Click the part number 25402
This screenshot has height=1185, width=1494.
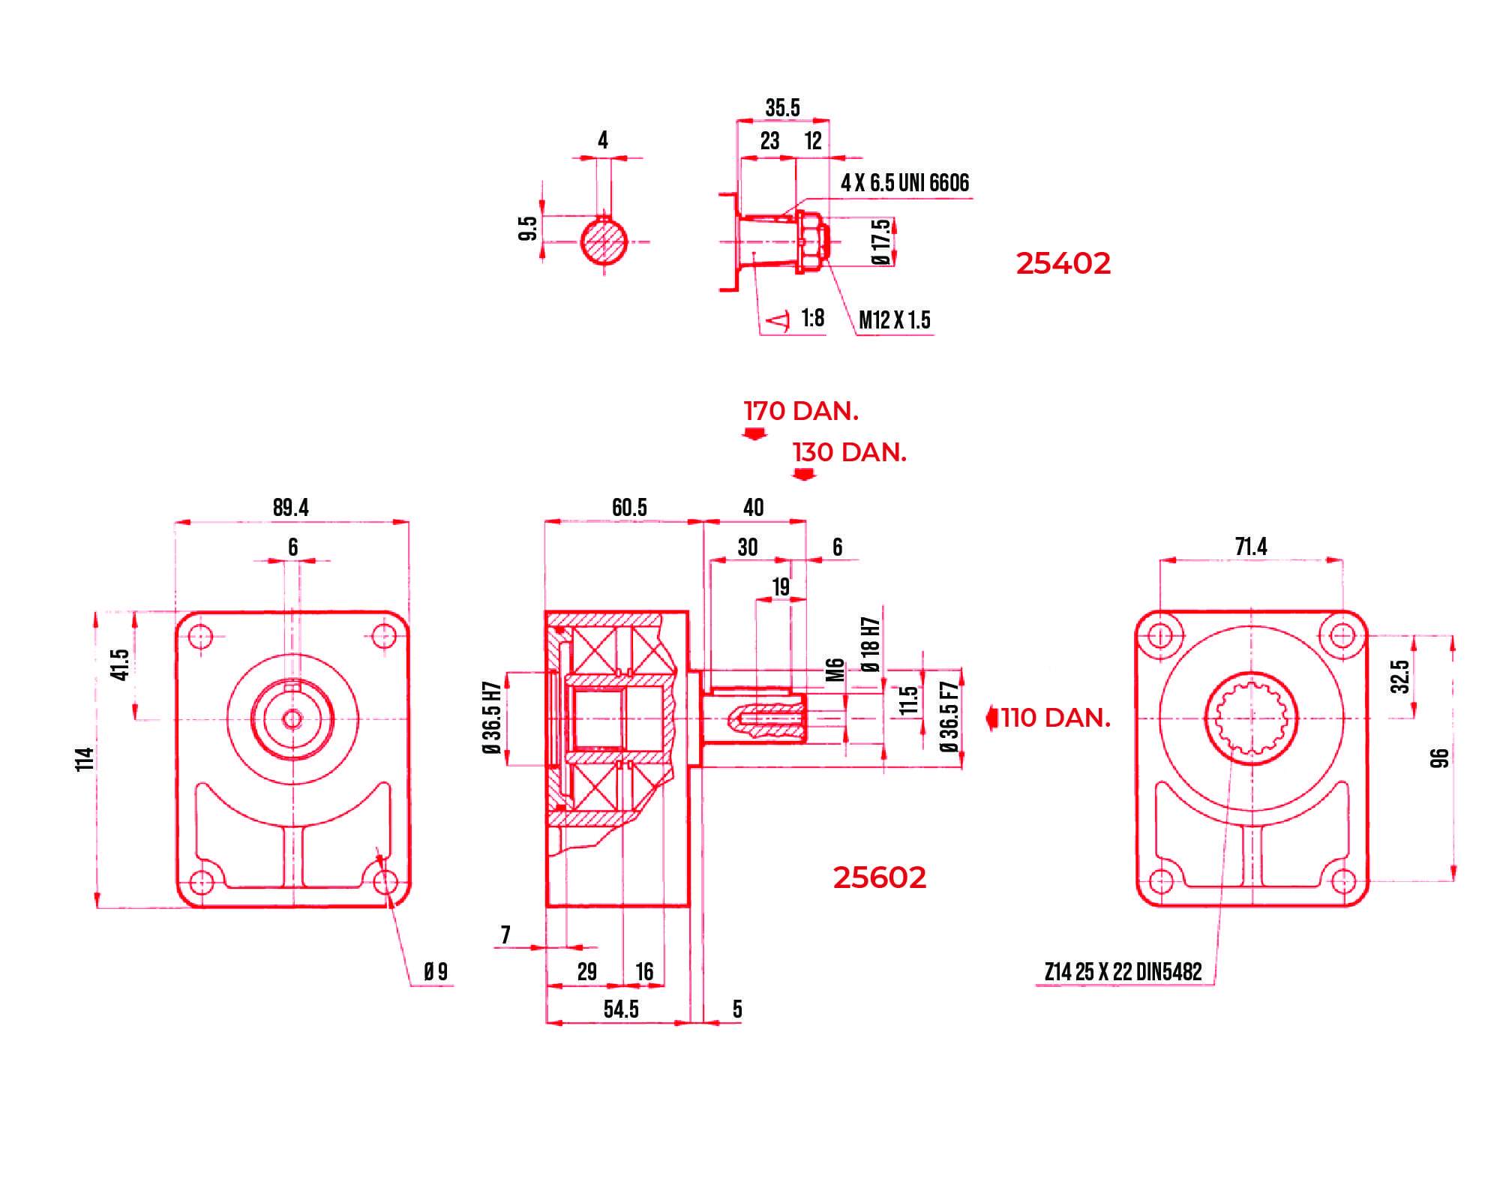pyautogui.click(x=1062, y=263)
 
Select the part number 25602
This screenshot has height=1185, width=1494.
pyautogui.click(x=879, y=877)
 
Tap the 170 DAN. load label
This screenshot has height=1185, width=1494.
pyautogui.click(x=800, y=411)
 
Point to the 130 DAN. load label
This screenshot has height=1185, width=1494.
pyautogui.click(x=849, y=452)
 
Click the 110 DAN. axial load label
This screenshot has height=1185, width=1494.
pyautogui.click(x=1054, y=718)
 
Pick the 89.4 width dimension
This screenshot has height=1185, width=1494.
pyautogui.click(x=290, y=508)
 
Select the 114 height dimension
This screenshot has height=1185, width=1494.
pyautogui.click(x=85, y=759)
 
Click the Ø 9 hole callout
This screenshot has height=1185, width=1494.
pyautogui.click(x=435, y=972)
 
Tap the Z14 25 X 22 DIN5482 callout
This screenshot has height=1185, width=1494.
pyautogui.click(x=1123, y=972)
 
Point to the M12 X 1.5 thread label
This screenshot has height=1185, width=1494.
pyautogui.click(x=894, y=320)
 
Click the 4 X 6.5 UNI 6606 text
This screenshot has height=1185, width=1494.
pyautogui.click(x=904, y=183)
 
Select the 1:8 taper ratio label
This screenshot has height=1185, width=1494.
pyautogui.click(x=812, y=318)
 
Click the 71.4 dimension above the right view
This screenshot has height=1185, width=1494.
pyautogui.click(x=1250, y=547)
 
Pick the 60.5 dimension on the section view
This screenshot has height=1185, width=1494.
pyautogui.click(x=628, y=508)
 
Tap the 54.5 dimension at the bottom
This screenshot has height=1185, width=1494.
pyautogui.click(x=621, y=1009)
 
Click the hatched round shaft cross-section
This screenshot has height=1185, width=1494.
pyautogui.click(x=604, y=241)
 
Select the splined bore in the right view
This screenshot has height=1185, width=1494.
pyautogui.click(x=1251, y=718)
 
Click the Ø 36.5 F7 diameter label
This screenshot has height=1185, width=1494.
pyautogui.click(x=949, y=717)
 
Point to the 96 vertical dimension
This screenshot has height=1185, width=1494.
pyautogui.click(x=1439, y=758)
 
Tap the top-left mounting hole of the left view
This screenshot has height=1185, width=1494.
pyautogui.click(x=200, y=637)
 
